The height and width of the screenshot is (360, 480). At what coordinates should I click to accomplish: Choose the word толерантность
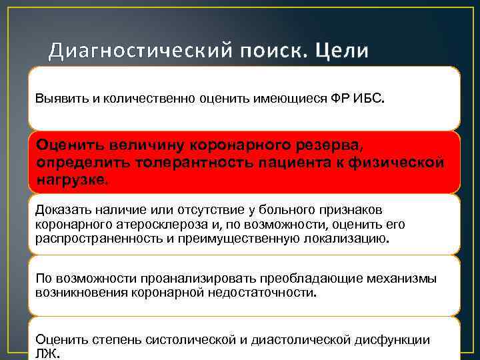pos(175,162)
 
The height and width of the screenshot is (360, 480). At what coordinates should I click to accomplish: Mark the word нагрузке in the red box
pos(71,180)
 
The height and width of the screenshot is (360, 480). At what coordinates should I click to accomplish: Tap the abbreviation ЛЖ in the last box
pos(47,354)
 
